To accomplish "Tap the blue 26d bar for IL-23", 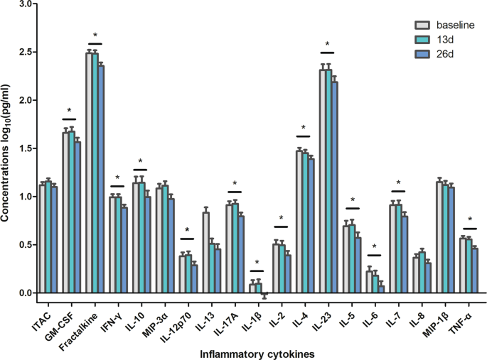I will (x=334, y=187).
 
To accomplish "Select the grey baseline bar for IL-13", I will (x=205, y=253).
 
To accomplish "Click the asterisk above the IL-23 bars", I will (x=327, y=44).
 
